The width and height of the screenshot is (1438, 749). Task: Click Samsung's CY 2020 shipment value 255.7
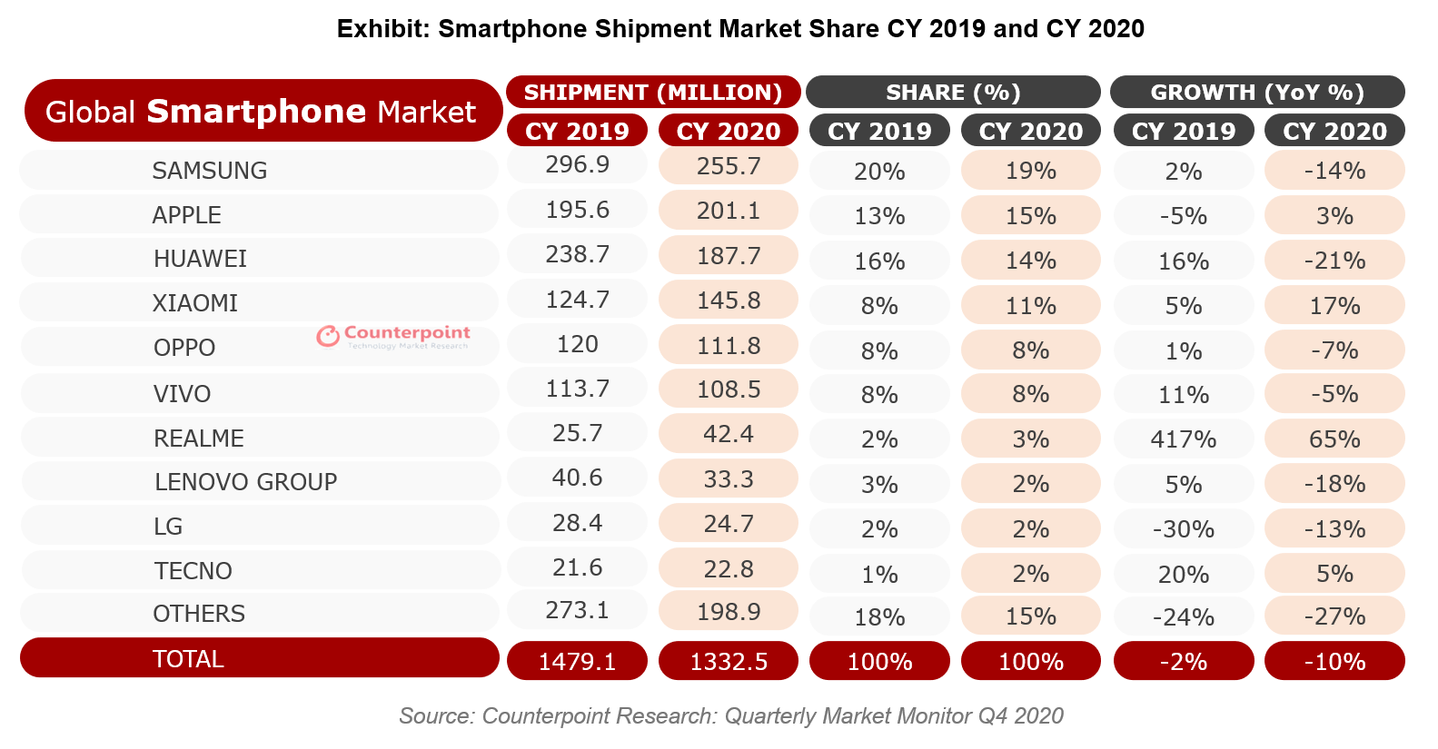[728, 166]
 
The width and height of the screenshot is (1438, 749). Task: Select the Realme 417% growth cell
[1183, 439]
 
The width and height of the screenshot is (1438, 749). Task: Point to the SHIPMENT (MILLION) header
[653, 93]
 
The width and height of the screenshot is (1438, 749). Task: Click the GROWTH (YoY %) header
[1257, 93]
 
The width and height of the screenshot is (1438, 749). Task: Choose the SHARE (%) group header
[953, 93]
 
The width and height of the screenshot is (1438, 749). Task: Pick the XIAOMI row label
[195, 303]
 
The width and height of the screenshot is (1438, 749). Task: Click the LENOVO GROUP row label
[245, 482]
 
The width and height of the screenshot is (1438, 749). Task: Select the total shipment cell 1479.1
[577, 662]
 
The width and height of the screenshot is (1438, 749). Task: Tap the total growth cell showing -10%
[1334, 662]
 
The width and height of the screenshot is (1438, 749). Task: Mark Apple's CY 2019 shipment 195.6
[577, 210]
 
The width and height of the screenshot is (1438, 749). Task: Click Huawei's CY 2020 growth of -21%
[1334, 261]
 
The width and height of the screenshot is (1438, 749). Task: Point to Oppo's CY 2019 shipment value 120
[577, 345]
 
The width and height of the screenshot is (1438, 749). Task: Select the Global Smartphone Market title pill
[262, 111]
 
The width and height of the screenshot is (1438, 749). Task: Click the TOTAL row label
[188, 659]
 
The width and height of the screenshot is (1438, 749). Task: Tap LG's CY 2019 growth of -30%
[1183, 529]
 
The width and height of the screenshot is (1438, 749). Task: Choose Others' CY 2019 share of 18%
[879, 617]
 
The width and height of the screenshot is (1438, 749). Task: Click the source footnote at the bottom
[730, 716]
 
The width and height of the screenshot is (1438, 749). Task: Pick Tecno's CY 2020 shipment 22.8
[728, 569]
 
